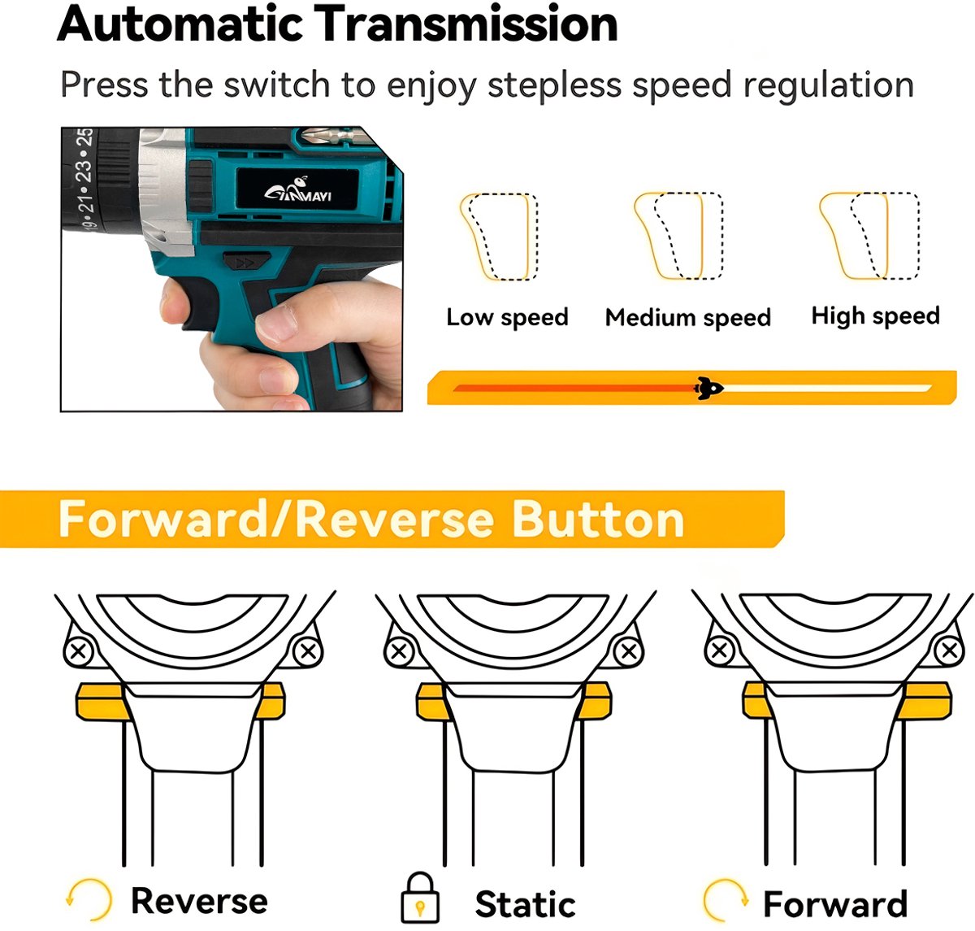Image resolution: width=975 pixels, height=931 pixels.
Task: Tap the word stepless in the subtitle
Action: tap(554, 85)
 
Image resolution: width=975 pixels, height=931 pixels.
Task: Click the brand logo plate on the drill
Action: tap(297, 188)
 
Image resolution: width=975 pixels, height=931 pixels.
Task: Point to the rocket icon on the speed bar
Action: tap(708, 388)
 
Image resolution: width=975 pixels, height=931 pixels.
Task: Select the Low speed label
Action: tap(507, 316)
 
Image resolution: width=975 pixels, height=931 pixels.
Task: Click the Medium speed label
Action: tap(688, 317)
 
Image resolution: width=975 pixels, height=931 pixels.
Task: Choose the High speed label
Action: tap(875, 315)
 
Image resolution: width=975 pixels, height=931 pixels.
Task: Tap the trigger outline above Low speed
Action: tap(498, 237)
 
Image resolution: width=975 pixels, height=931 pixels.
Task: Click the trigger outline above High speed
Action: tap(869, 236)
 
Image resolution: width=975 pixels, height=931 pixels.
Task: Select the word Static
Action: tap(525, 903)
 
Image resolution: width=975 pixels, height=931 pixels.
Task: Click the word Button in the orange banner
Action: tap(598, 519)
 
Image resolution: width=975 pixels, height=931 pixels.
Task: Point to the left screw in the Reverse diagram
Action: tap(78, 651)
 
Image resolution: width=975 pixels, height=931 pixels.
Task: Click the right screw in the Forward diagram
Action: tap(950, 650)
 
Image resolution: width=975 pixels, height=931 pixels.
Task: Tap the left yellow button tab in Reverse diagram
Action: tap(102, 702)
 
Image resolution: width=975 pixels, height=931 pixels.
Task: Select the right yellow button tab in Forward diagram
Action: tap(925, 701)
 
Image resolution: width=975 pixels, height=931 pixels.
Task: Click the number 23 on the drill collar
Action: tap(84, 170)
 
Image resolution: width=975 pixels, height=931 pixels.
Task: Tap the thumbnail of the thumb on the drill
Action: tap(276, 322)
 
